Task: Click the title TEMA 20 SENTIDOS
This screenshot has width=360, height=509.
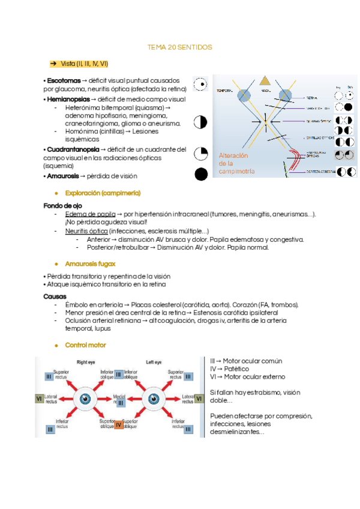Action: coord(179,47)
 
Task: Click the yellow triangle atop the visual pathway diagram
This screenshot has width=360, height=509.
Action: coord(265,81)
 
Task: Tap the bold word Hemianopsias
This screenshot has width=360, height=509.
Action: coord(68,98)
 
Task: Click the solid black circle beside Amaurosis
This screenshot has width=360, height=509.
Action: coord(201,175)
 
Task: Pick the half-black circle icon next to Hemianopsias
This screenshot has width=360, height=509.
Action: coord(200,122)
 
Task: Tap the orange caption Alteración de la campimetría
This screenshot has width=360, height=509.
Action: coord(237,163)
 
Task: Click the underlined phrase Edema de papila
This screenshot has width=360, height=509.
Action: coord(90,214)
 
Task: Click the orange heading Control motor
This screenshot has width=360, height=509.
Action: coord(86,345)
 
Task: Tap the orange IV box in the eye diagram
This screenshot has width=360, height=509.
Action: coord(118,425)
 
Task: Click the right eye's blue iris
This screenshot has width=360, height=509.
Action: coord(86,397)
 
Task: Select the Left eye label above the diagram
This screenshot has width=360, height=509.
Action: coord(154,363)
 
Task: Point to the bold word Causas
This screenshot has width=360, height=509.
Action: coord(55,297)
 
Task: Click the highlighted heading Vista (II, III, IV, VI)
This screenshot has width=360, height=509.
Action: coord(84,63)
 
